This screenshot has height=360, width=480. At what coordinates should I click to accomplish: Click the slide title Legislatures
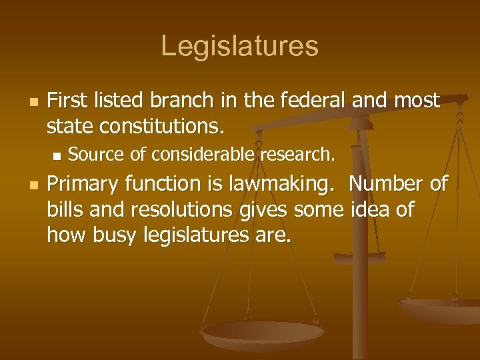click(x=239, y=46)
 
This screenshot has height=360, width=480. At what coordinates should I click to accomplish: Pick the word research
click(x=298, y=155)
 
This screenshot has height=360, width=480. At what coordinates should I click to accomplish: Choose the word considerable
click(x=203, y=155)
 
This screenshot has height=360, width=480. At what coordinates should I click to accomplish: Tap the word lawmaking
click(x=283, y=184)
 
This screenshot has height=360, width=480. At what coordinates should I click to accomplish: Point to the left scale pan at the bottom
click(x=263, y=333)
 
